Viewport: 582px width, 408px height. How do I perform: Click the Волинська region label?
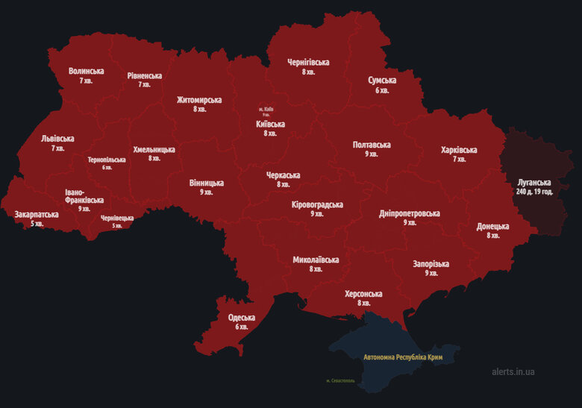pos(86,72)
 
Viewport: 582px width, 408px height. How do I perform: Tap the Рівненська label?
pos(144,76)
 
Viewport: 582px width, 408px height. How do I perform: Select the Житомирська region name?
pos(199,100)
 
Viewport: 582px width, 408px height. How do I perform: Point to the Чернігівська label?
pos(308,63)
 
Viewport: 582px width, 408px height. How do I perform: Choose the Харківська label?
pos(459,150)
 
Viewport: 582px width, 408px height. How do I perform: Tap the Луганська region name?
pos(534,182)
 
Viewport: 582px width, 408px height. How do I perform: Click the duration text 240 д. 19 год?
pos(534,192)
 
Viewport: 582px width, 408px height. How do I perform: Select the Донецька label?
pos(493,226)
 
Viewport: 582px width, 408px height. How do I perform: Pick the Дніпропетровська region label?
pos(409,213)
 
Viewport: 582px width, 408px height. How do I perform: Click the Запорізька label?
pos(431,264)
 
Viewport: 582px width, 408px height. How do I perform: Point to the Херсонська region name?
pos(363,294)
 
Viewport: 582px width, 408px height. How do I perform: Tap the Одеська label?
pos(242,318)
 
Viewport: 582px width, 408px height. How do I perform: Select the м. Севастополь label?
pos(340,380)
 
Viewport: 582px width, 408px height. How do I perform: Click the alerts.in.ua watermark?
pos(513,371)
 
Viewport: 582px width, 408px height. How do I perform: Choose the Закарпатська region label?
pos(37,215)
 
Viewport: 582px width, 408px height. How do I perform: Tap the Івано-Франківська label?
pos(84,195)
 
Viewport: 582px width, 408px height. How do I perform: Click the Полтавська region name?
pos(372,145)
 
